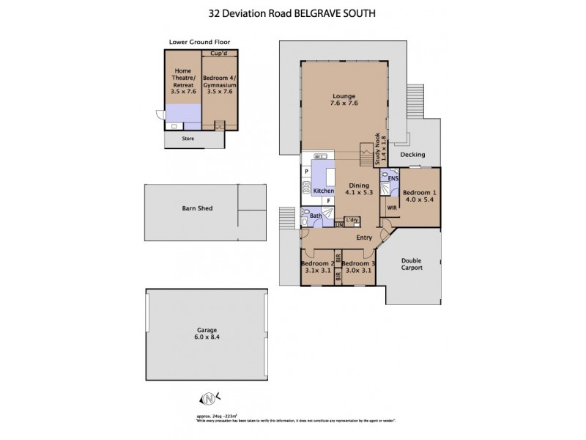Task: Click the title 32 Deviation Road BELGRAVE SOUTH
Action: point(293,13)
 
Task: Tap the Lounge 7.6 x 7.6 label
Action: point(343,100)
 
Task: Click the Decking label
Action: point(413,155)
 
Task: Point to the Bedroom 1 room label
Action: point(419,196)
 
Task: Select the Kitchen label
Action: point(323,191)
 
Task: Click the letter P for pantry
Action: point(306,172)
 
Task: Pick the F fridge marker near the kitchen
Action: point(329,200)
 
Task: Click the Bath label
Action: point(316,216)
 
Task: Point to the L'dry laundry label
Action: point(352,220)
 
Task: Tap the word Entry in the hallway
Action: point(364,238)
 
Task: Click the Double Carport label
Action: point(412,264)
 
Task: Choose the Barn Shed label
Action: point(197,208)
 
